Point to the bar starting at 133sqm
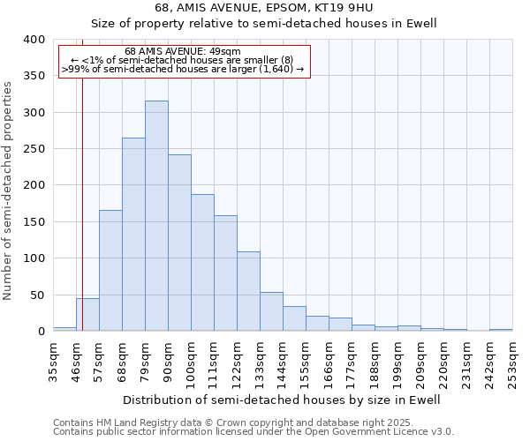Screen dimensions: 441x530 click(x=271, y=312)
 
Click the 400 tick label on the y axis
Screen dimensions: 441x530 click(x=34, y=40)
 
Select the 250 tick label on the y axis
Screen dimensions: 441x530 click(x=34, y=149)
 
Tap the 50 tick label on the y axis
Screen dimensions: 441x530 click(x=37, y=295)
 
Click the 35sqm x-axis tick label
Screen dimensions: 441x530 click(x=53, y=362)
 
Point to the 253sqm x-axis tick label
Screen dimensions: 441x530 click(x=512, y=362)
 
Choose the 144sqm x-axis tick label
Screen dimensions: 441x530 click(x=283, y=362)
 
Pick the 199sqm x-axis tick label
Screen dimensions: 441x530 click(x=397, y=362)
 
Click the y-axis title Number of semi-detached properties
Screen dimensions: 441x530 click(x=9, y=190)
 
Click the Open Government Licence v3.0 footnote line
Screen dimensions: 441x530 click(x=254, y=431)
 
